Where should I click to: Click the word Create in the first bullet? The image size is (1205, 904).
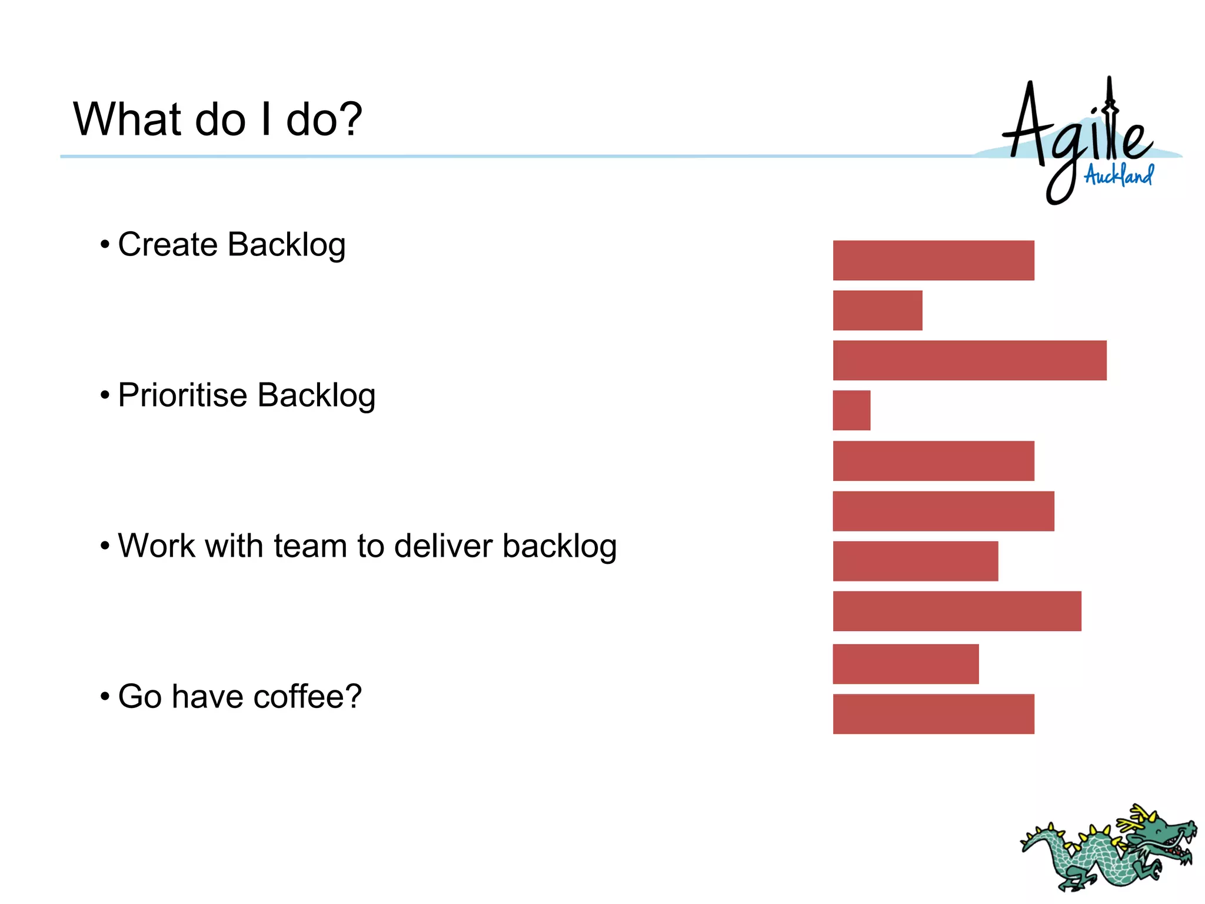click(167, 244)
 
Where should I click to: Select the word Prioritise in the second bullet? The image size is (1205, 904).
click(182, 395)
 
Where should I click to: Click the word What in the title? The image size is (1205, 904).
click(127, 119)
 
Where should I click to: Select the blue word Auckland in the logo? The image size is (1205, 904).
click(1119, 175)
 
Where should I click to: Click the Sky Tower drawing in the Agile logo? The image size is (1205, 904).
click(1110, 118)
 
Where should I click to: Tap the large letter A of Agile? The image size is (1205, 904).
click(1027, 124)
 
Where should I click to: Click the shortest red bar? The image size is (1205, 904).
click(851, 410)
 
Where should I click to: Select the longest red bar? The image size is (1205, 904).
click(969, 360)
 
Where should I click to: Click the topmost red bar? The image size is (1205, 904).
click(933, 260)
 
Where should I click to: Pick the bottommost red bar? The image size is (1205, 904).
click(933, 714)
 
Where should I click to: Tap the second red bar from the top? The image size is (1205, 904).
click(877, 310)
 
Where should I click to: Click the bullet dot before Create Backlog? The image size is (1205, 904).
click(105, 244)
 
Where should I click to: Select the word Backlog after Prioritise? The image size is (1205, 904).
click(316, 395)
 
